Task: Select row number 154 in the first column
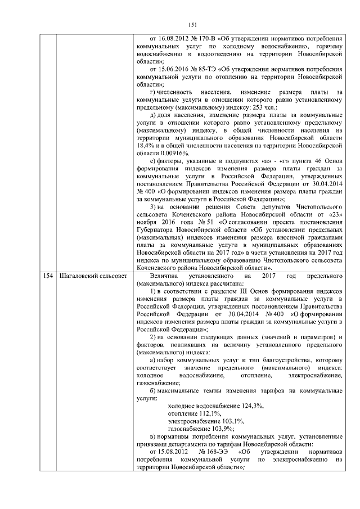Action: (48, 277)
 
